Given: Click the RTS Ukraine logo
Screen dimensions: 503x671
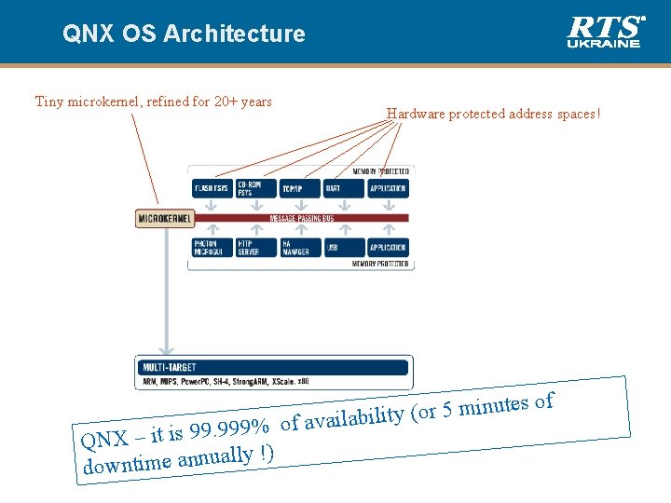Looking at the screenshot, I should (605, 32).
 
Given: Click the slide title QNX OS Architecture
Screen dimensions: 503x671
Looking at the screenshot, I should (184, 34).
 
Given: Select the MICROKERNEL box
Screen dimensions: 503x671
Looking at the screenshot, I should (164, 219).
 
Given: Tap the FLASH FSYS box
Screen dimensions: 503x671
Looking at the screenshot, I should (212, 188).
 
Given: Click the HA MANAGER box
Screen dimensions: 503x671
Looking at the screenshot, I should (299, 248).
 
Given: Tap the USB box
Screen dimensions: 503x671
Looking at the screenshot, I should (343, 248).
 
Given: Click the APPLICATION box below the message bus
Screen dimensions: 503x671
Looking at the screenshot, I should (388, 248).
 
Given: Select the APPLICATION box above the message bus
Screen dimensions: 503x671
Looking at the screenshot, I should (388, 188).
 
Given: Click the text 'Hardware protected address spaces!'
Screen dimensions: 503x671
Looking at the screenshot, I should (494, 114).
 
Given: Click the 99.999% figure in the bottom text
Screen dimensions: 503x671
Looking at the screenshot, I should (229, 429).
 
